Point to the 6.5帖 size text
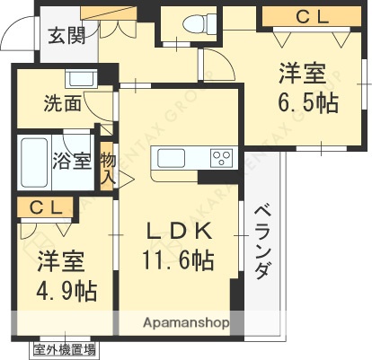tap(307, 103)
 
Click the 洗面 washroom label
tap(62, 104)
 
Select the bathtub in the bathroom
tap(35, 162)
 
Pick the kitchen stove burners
tap(220, 159)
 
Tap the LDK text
tap(180, 231)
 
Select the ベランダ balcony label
tap(261, 241)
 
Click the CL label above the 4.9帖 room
tap(44, 207)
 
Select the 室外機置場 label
tap(66, 349)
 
